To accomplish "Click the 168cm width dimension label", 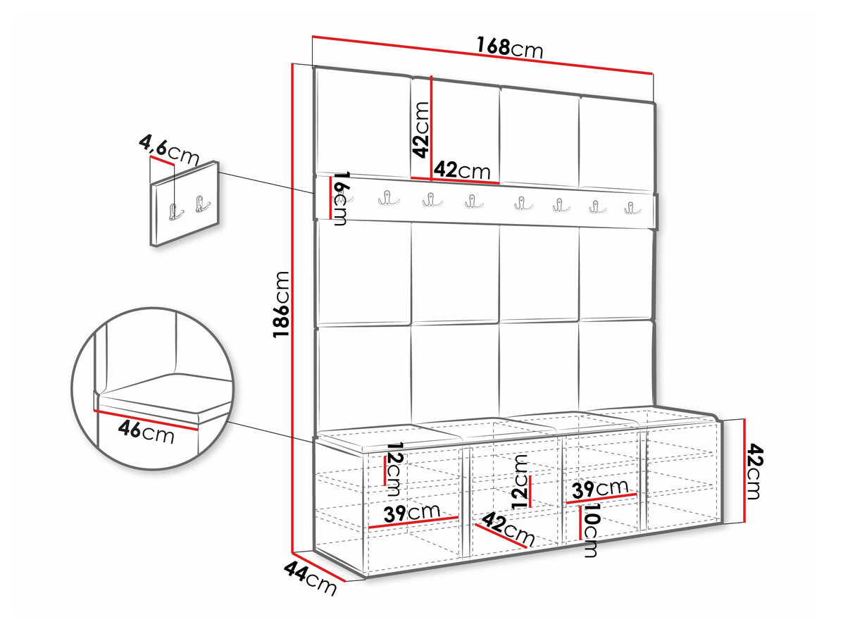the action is (x=509, y=48).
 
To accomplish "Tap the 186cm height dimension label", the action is (x=281, y=304).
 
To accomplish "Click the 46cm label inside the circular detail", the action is (x=146, y=432).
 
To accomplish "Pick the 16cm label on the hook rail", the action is (x=341, y=199).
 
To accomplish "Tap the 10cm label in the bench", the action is (x=590, y=530).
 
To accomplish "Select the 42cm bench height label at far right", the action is (x=754, y=471).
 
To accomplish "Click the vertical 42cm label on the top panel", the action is (x=420, y=130).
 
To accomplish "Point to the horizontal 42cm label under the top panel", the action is (x=462, y=170).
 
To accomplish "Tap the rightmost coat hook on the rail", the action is (x=632, y=208).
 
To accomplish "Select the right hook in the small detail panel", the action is (x=201, y=204).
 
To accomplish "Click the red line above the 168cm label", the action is (x=482, y=55).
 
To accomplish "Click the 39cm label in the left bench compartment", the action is (x=412, y=513).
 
